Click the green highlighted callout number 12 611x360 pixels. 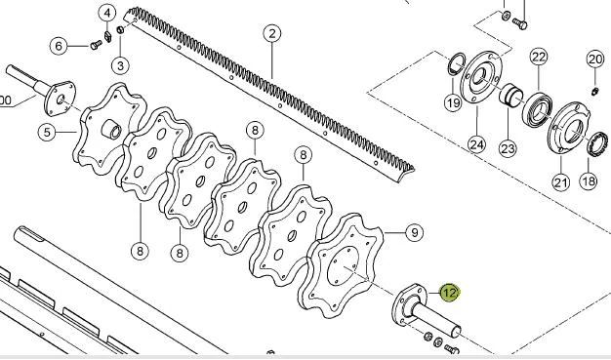coord(450,293)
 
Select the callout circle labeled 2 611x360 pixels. coord(272,33)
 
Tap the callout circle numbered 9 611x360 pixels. coord(415,232)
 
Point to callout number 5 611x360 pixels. coord(47,132)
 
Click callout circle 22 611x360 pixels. coord(539,57)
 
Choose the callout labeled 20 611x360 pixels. coord(595,60)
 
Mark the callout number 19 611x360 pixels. coord(453,102)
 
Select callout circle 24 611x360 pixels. coord(477,145)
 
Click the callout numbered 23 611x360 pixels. coord(508,148)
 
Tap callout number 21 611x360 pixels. coord(560,181)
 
